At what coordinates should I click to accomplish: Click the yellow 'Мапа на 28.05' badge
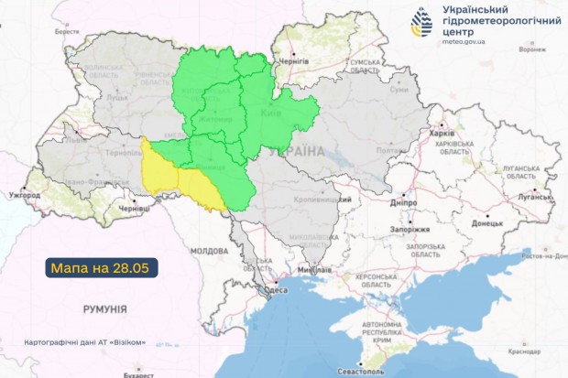pos(102,268)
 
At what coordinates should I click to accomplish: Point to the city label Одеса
pos(276,290)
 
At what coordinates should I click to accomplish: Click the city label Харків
pos(442,132)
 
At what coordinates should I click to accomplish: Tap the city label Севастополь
pos(358,372)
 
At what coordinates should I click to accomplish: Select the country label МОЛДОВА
pos(208,250)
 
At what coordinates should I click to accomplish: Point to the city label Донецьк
pos(486,222)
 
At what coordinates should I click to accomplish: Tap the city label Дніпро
pos(404,201)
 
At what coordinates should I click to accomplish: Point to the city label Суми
pos(399,90)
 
